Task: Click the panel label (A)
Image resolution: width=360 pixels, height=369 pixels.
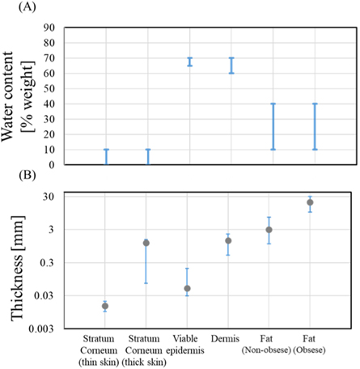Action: pyautogui.click(x=14, y=9)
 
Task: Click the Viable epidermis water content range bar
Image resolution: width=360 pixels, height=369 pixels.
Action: pyautogui.click(x=190, y=61)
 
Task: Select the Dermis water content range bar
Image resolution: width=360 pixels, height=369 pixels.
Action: pyautogui.click(x=231, y=65)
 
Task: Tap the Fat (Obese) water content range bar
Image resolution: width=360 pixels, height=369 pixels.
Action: pyautogui.click(x=315, y=115)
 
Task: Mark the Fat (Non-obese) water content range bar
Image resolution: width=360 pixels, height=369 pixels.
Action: pyautogui.click(x=273, y=115)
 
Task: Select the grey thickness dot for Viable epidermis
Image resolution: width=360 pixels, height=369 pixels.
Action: pyautogui.click(x=187, y=288)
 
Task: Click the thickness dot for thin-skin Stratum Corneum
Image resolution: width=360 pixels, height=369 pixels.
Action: pyautogui.click(x=105, y=306)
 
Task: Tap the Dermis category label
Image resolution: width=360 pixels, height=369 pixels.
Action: pyautogui.click(x=229, y=337)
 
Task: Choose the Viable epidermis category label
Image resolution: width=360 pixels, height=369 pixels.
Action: pyautogui.click(x=188, y=342)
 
